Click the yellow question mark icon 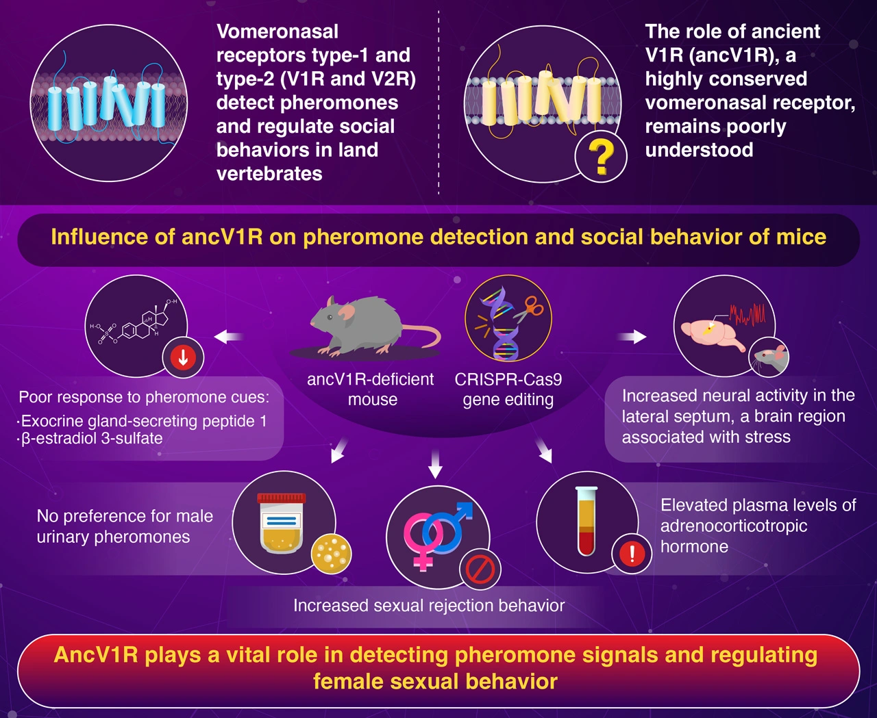point(601,157)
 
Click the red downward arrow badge point(183,357)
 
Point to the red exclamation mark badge point(632,553)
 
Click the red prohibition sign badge point(480,569)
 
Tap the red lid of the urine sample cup point(281,498)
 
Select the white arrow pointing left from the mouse point(229,337)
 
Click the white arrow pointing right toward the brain point(632,336)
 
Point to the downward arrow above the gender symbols point(435,464)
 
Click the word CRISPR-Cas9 point(508,379)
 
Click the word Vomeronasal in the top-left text point(277,31)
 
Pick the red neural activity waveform point(748,314)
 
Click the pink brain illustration point(713,333)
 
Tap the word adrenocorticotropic point(734,526)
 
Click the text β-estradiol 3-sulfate point(91,439)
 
